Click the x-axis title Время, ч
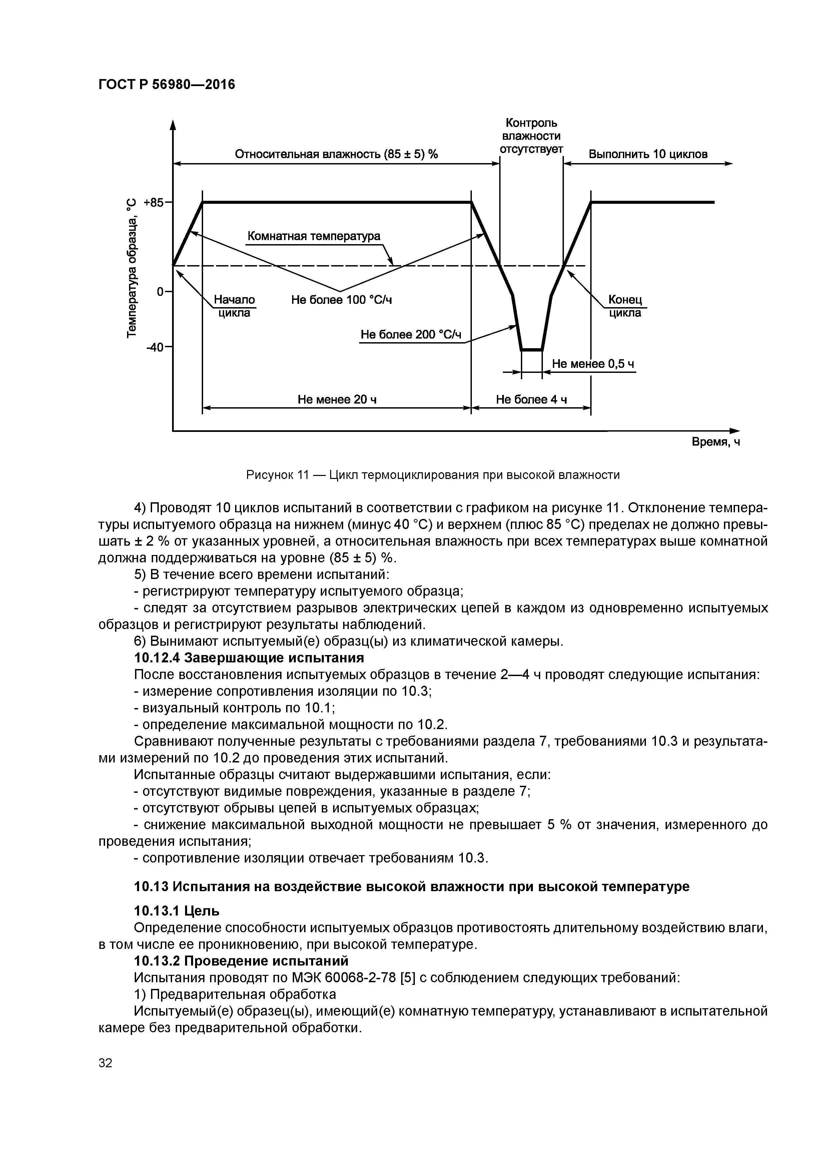pos(715,442)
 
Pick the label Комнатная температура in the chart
pos(314,236)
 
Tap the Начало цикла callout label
pos(234,306)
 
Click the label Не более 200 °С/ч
pos(411,335)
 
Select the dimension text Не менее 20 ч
pos(337,400)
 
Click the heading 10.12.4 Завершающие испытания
pos(249,658)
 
